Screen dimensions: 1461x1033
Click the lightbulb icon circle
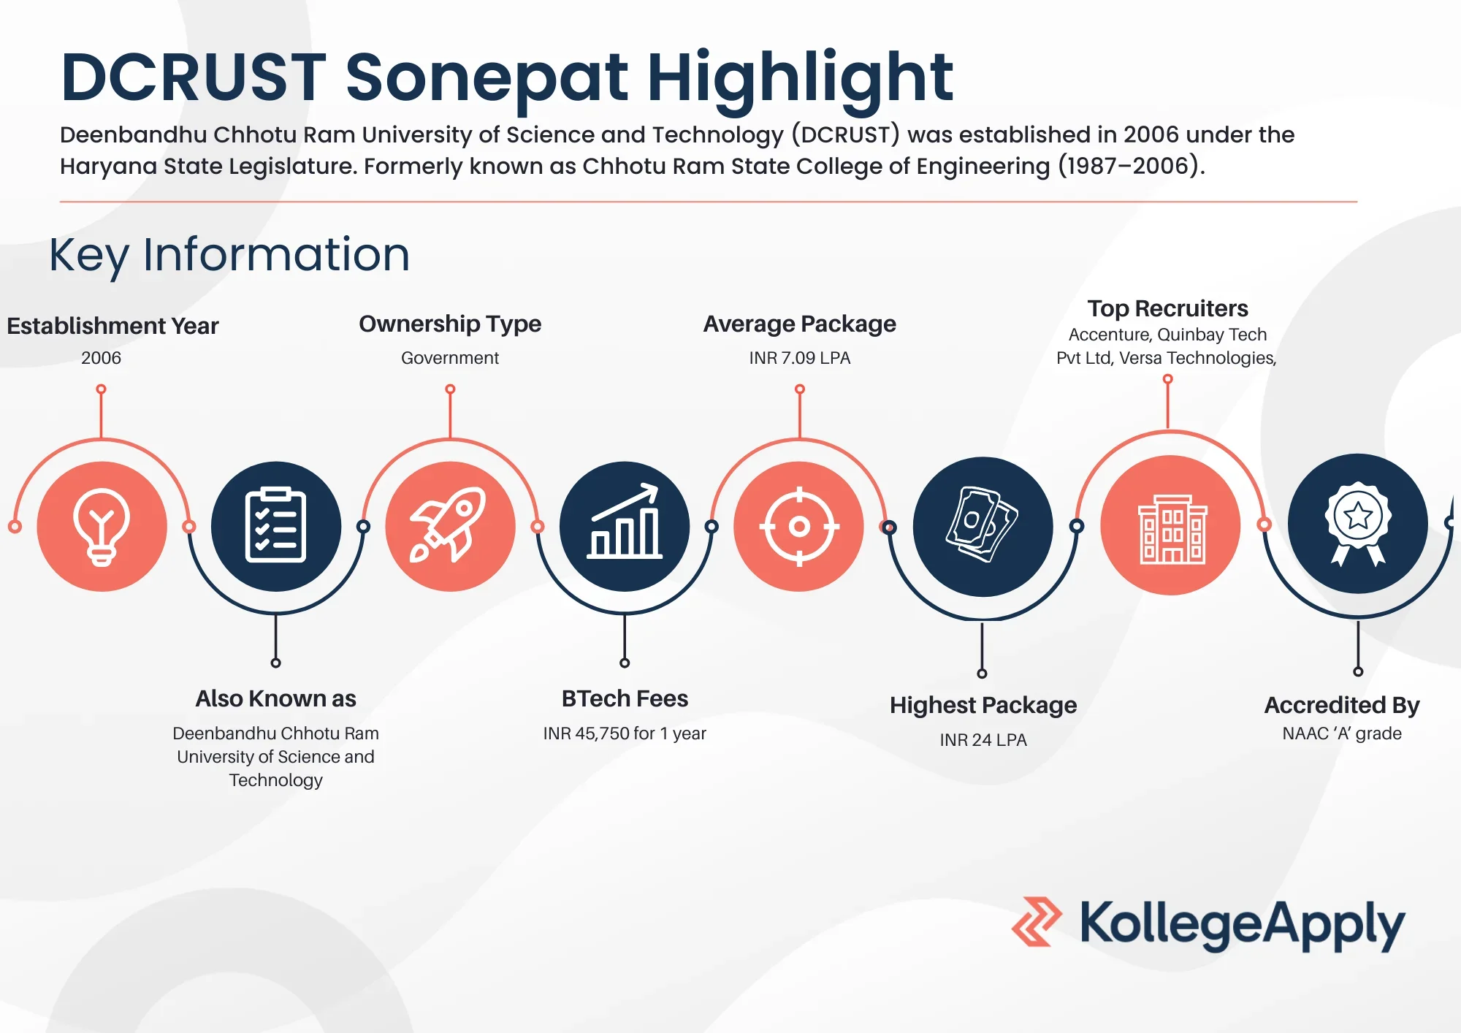[102, 526]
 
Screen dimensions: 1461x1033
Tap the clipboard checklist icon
[275, 525]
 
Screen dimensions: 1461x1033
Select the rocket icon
[448, 525]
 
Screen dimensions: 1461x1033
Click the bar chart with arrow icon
[625, 521]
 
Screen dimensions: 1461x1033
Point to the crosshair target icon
[799, 526]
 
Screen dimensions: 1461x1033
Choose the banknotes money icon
[982, 525]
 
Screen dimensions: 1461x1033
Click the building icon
[1172, 529]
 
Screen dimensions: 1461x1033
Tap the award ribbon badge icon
[1358, 523]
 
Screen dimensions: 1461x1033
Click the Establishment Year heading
[112, 326]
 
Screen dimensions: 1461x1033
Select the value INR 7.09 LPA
[800, 358]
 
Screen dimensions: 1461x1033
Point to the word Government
[450, 358]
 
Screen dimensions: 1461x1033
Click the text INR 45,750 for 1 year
[625, 733]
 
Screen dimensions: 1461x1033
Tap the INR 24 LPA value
[983, 740]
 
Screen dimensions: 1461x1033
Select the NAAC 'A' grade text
[1342, 733]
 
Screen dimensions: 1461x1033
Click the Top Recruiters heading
[1167, 309]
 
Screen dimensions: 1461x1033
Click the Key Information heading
[229, 255]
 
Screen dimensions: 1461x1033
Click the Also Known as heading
[276, 699]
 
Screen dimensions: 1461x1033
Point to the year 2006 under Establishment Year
[102, 358]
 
